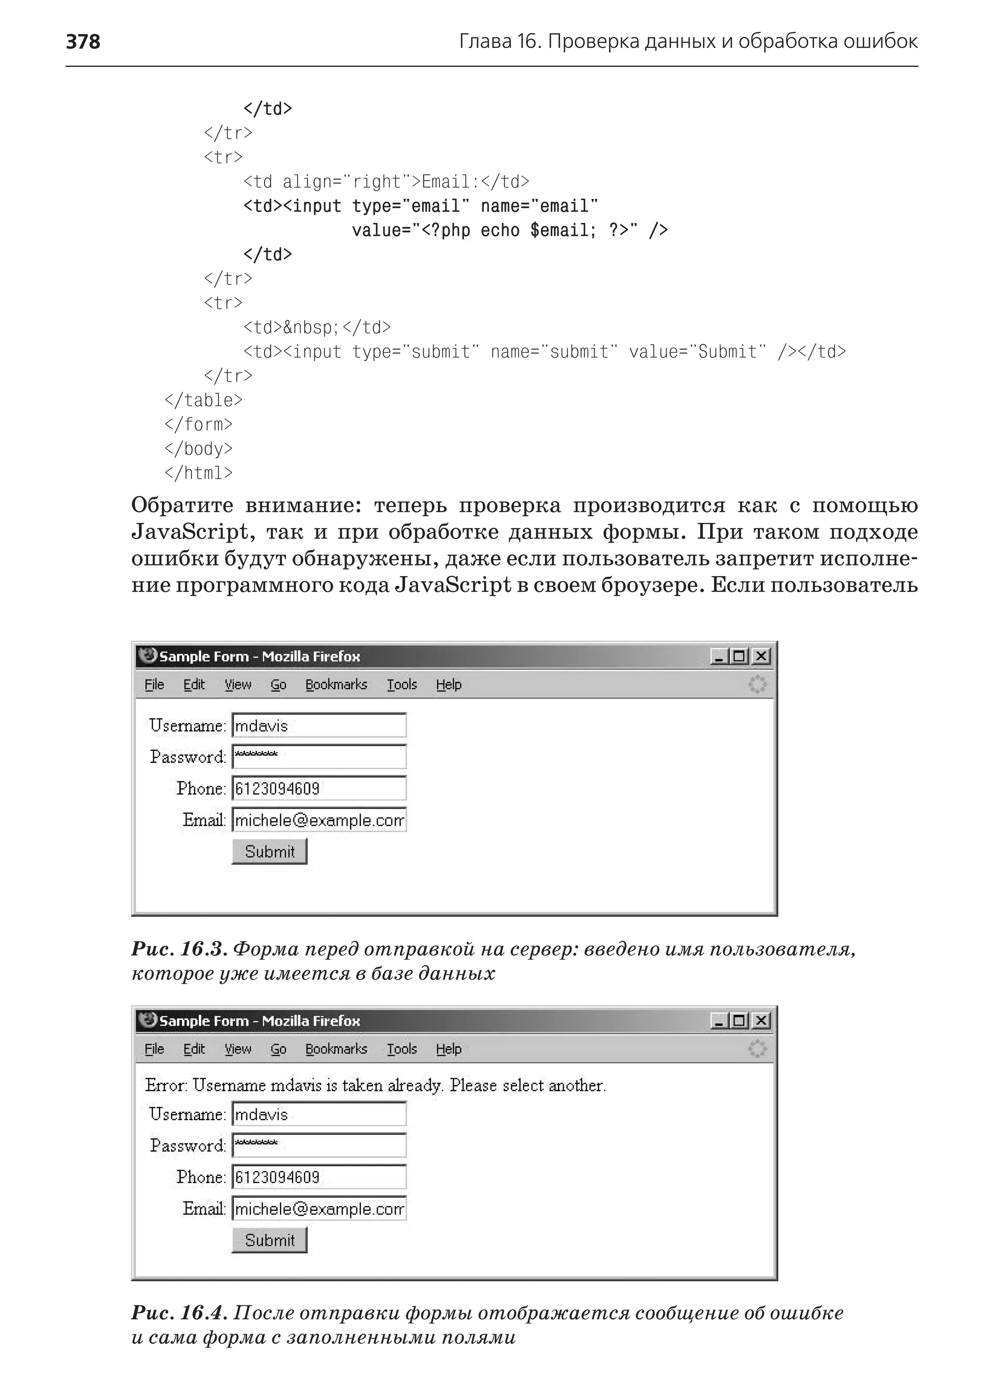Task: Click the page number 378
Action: pos(83,41)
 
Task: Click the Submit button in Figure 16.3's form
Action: pos(270,851)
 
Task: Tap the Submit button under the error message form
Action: pos(270,1240)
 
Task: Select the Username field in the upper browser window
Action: pos(319,725)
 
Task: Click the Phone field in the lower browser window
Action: pos(319,1177)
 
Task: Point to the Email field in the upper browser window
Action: pos(319,820)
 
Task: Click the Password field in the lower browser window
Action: pos(319,1146)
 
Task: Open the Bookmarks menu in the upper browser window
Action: pos(336,684)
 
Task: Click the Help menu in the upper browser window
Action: pos(448,684)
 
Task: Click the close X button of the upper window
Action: pos(761,656)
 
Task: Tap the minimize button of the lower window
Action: pos(719,1021)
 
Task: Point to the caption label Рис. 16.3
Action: pos(179,949)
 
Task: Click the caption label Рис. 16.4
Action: pos(179,1313)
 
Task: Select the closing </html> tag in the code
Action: pos(198,473)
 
